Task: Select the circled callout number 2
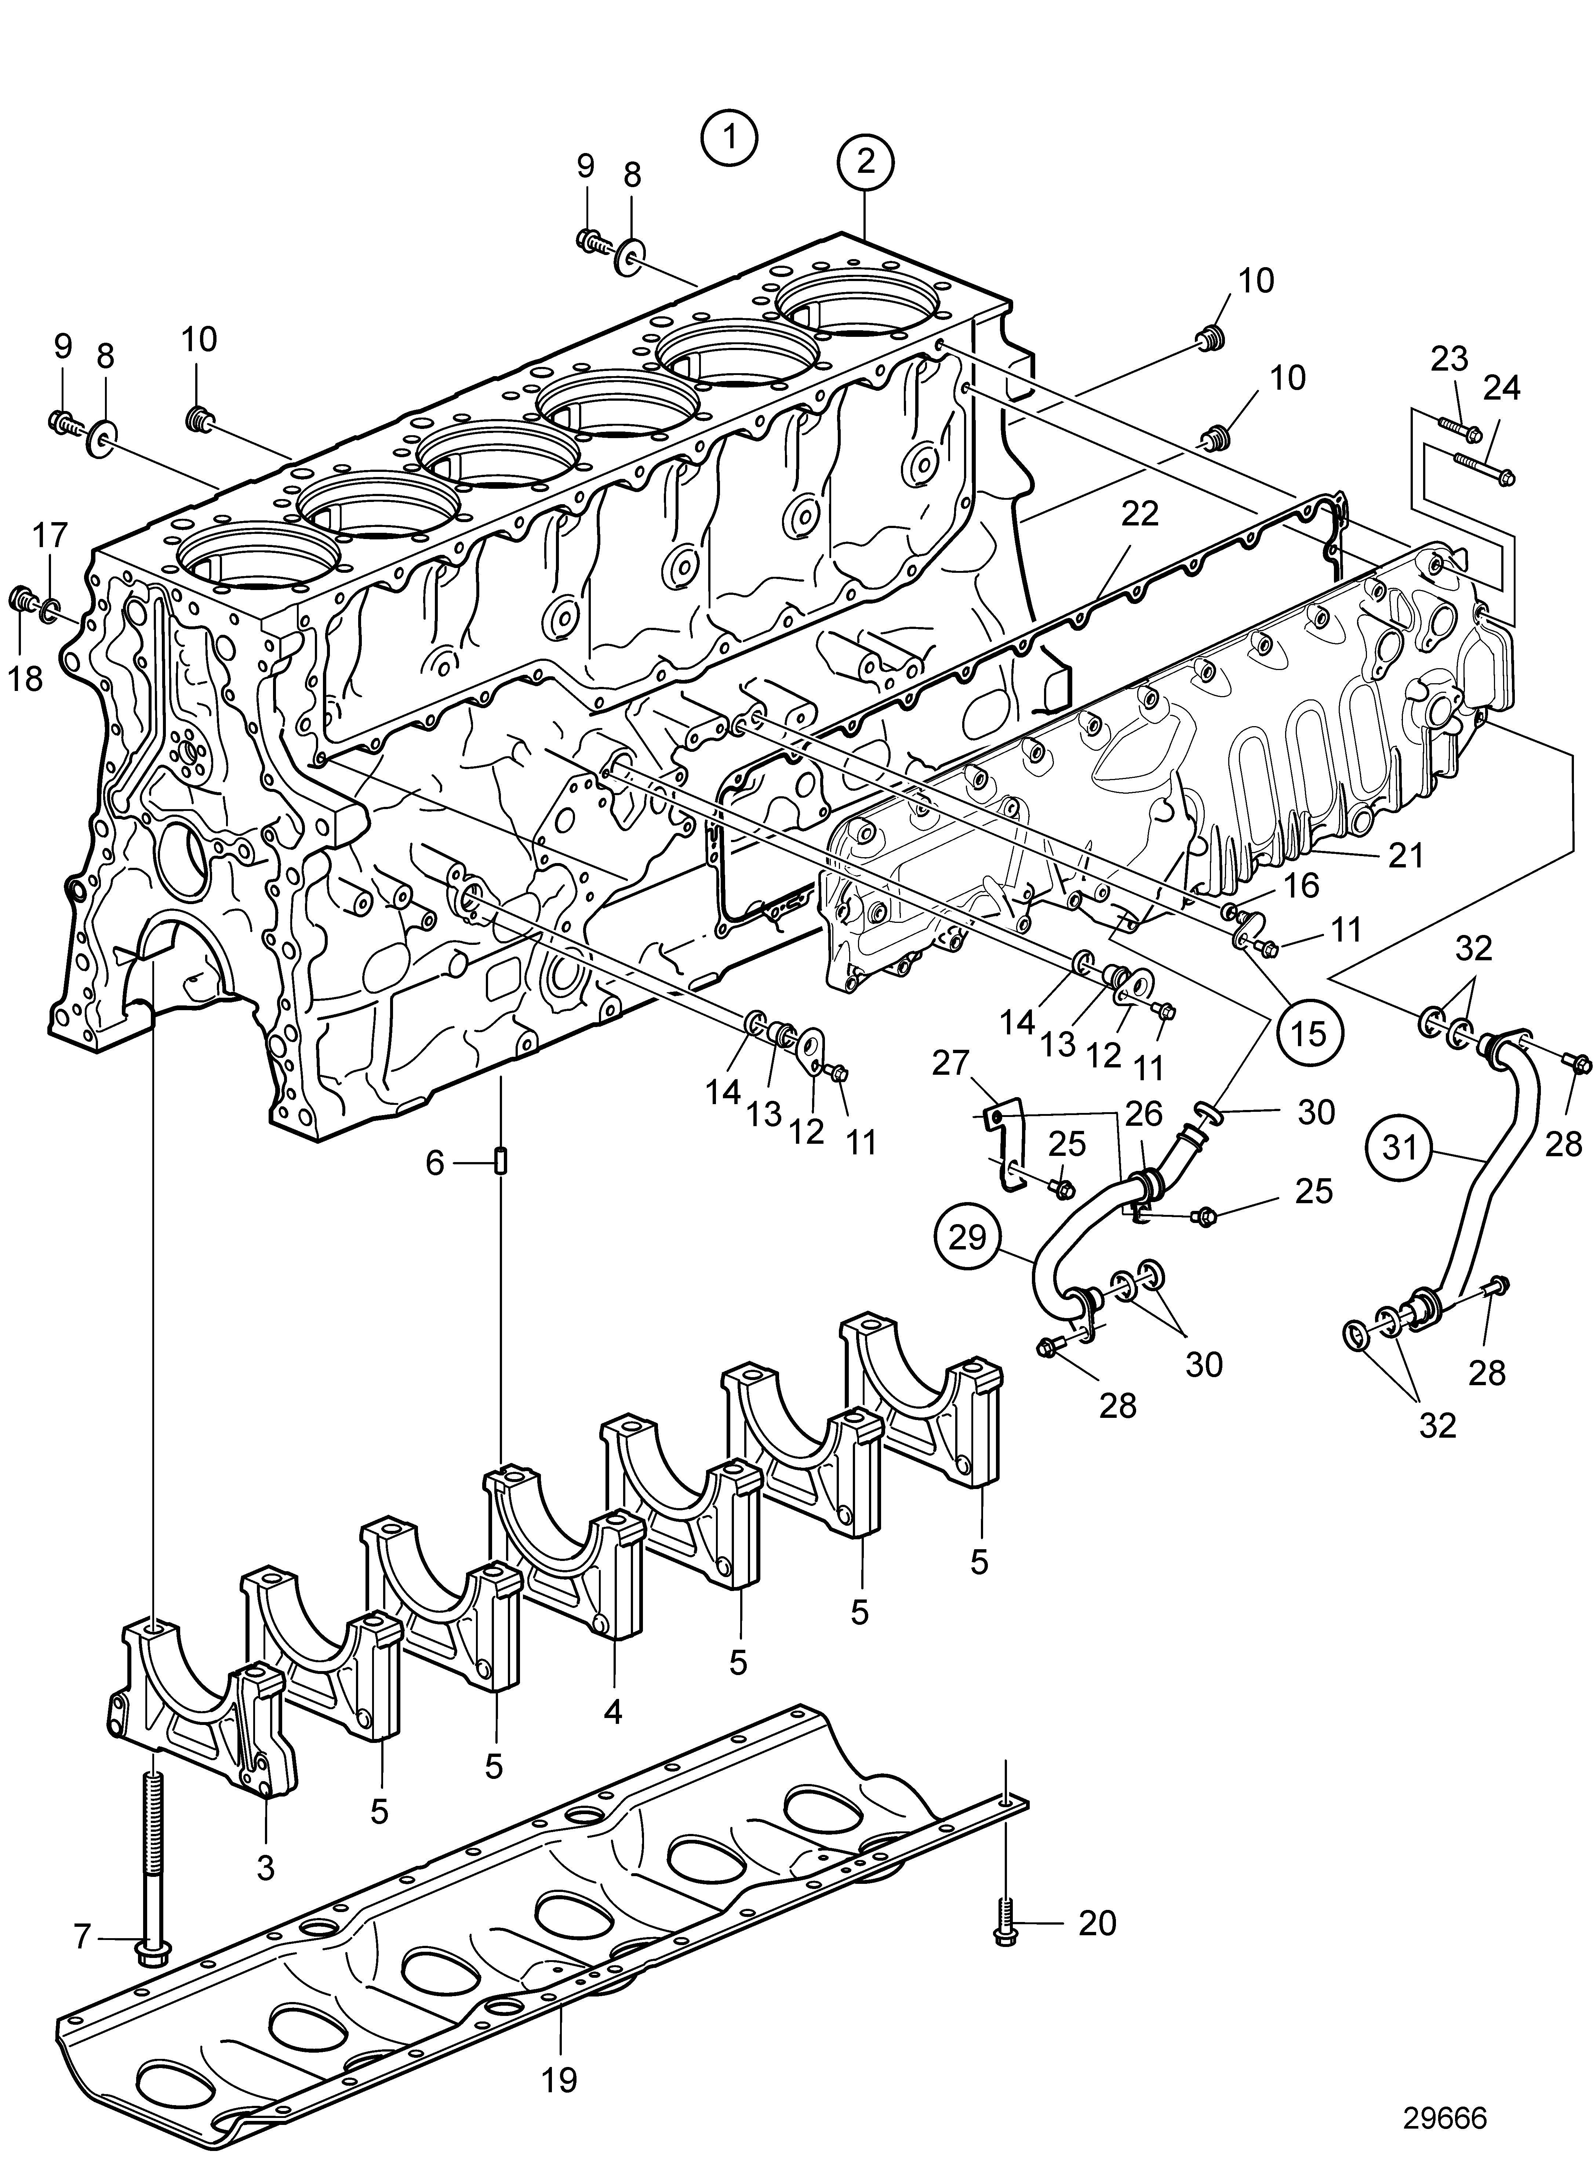(866, 161)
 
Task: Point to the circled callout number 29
(967, 1236)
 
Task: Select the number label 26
(1145, 1114)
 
